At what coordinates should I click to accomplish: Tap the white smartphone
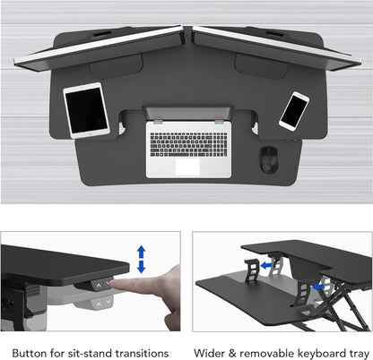[x=295, y=109]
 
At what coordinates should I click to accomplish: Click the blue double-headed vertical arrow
[x=142, y=261]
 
